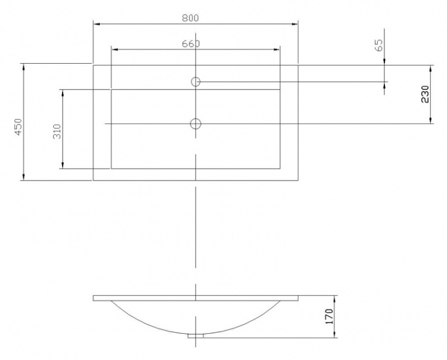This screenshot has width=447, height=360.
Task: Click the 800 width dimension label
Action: (x=190, y=18)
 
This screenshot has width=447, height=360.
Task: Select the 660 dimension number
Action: (x=191, y=44)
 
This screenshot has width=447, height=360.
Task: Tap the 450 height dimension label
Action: (x=18, y=127)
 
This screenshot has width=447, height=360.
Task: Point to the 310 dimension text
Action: (x=57, y=131)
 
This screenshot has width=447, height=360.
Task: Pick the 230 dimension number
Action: (x=425, y=94)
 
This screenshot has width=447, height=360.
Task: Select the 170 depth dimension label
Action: (x=329, y=316)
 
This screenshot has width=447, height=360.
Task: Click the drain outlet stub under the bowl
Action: (x=195, y=336)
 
